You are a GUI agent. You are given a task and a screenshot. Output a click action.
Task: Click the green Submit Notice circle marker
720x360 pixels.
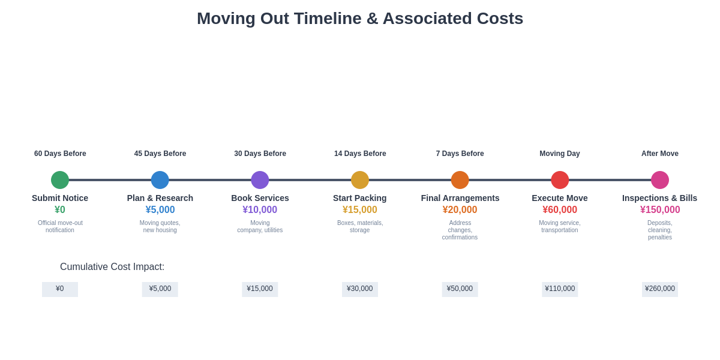[60, 180]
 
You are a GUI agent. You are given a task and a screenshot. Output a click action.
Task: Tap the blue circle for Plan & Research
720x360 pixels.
[160, 180]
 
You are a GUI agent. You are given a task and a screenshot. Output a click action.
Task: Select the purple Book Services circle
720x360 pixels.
[260, 180]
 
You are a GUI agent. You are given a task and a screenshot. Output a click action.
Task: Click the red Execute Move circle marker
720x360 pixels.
[560, 180]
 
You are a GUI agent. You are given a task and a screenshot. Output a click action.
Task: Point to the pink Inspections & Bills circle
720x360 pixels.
[660, 180]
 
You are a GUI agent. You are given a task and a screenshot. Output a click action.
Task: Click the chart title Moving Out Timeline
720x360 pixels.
[360, 19]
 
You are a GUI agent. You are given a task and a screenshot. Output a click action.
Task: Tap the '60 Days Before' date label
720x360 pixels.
[60, 154]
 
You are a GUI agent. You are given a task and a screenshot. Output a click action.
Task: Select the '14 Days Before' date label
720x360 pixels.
[360, 154]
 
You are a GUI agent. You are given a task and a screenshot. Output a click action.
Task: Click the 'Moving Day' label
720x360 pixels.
[560, 154]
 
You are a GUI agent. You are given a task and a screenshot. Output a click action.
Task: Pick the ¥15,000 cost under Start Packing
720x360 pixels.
[360, 210]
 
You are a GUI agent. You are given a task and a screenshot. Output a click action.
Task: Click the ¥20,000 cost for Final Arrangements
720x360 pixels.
[460, 210]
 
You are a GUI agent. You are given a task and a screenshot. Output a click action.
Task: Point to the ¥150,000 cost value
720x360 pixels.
[660, 210]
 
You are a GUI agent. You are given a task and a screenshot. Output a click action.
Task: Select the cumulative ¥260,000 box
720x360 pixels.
[660, 289]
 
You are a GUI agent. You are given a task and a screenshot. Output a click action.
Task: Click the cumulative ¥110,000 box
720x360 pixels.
[560, 289]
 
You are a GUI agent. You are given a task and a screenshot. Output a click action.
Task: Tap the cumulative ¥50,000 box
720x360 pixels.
[460, 289]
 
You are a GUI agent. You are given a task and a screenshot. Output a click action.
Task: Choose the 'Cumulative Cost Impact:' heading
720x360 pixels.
[112, 267]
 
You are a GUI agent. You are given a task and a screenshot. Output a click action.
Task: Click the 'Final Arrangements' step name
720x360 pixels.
[460, 198]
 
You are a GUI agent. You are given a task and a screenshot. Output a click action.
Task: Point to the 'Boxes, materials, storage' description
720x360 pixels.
[360, 226]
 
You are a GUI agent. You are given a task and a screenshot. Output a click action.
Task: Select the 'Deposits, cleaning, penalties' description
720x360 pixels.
[660, 230]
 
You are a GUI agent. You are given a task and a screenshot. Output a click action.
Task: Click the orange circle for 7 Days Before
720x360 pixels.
[460, 180]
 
